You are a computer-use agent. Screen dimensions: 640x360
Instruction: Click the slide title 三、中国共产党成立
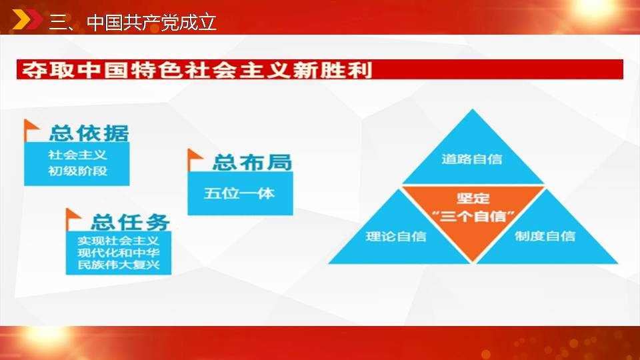click(x=132, y=22)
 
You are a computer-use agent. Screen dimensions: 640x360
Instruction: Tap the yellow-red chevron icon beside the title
click(x=27, y=19)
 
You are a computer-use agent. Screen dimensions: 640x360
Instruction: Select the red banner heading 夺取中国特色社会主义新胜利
click(x=197, y=70)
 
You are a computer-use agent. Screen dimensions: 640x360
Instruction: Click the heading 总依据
click(x=89, y=133)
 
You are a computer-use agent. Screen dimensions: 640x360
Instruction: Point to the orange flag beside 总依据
click(x=31, y=130)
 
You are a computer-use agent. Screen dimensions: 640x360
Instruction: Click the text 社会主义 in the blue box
click(x=77, y=155)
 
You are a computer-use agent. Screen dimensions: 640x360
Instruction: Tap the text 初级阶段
click(x=77, y=171)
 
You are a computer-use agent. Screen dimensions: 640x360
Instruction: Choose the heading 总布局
click(x=252, y=163)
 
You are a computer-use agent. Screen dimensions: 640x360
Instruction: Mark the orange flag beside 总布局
click(x=194, y=159)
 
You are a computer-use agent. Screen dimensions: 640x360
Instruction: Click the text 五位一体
click(x=239, y=193)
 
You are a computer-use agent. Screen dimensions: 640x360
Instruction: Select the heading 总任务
click(x=130, y=223)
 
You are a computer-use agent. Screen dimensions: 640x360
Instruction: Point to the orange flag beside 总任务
click(x=73, y=219)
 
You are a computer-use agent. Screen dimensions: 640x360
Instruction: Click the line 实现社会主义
click(x=119, y=241)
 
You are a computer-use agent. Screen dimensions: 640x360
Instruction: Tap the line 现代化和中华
click(x=119, y=253)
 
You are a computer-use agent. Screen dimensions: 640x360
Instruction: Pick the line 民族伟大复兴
click(x=119, y=265)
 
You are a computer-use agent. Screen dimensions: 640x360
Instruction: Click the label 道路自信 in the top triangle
click(x=472, y=159)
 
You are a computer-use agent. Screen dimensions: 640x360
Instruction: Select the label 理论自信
click(x=396, y=236)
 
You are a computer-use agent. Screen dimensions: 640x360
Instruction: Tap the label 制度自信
click(x=545, y=236)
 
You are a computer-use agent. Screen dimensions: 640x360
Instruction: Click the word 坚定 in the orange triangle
click(x=473, y=199)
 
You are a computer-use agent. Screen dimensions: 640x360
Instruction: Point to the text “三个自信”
click(x=473, y=216)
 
